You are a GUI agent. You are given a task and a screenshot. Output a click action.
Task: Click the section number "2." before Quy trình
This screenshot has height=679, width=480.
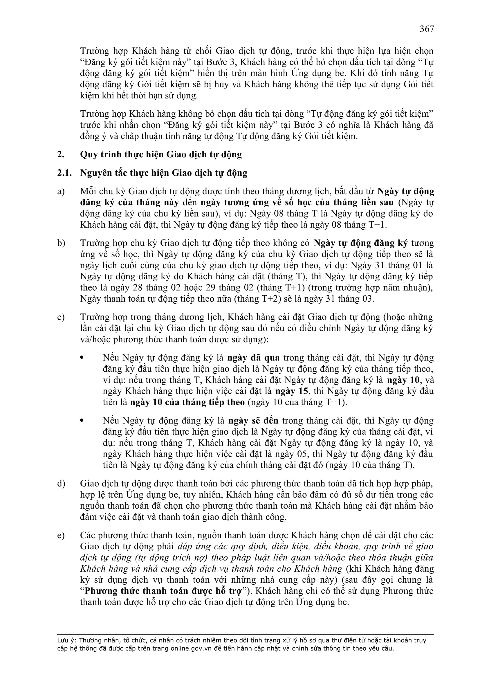pyautogui.click(x=61, y=155)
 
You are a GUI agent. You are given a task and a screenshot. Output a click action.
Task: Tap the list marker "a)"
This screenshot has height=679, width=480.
pyautogui.click(x=61, y=192)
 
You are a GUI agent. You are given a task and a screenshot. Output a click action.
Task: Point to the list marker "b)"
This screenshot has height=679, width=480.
pyautogui.click(x=61, y=243)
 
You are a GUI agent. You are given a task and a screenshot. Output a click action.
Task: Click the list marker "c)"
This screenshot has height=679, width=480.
pyautogui.click(x=61, y=317)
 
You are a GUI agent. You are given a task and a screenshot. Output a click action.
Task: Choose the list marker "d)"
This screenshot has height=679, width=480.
pyautogui.click(x=61, y=484)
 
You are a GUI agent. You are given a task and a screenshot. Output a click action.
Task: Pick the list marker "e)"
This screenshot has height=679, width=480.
pyautogui.click(x=61, y=535)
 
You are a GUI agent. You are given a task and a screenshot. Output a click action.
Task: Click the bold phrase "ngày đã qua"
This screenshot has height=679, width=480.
pyautogui.click(x=253, y=358)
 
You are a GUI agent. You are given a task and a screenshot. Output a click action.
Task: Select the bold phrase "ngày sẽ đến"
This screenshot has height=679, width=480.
pyautogui.click(x=254, y=421)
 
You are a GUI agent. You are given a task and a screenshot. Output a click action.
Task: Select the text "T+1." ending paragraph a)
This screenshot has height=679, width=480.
pyautogui.click(x=378, y=225)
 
